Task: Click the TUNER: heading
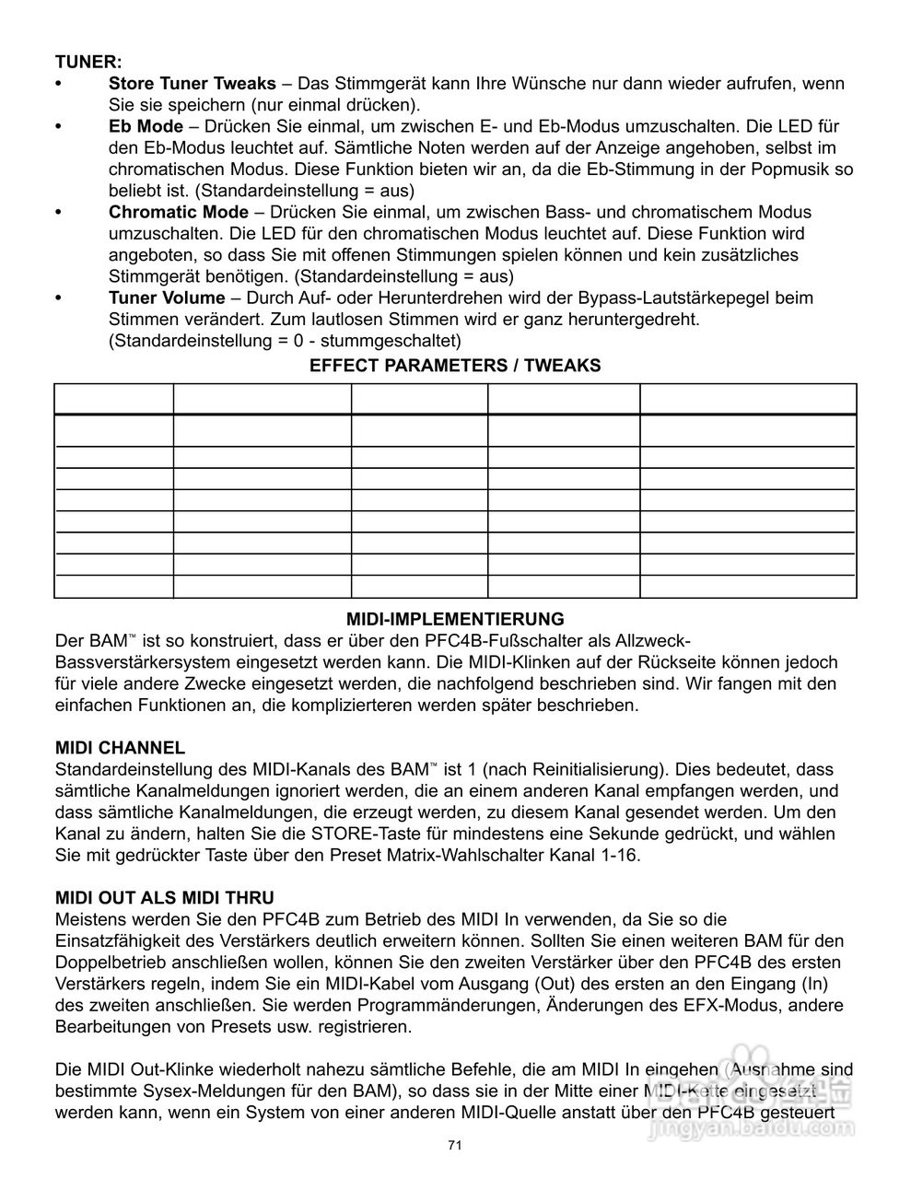tap(88, 62)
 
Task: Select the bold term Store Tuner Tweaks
tap(192, 84)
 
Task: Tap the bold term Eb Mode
tap(146, 126)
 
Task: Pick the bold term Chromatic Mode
tap(179, 212)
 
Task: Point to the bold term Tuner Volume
tap(167, 298)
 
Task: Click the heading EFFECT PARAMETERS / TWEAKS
tap(455, 366)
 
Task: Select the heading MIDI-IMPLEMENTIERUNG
tap(455, 619)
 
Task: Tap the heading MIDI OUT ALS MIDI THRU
tap(165, 897)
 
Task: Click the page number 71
tap(454, 1145)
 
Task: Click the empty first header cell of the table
tap(114, 399)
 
